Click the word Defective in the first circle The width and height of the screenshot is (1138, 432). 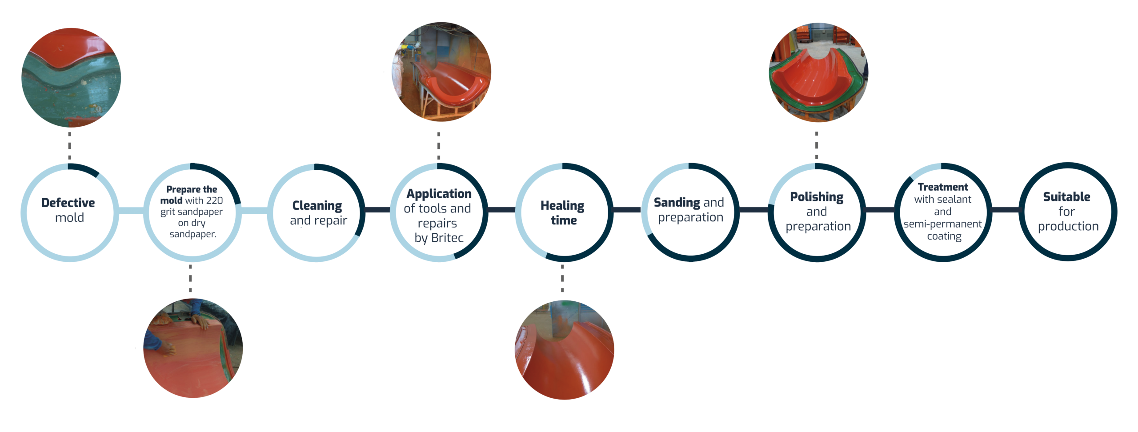point(68,203)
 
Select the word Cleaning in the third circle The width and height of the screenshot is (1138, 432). point(317,205)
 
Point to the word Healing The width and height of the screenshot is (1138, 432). point(562,205)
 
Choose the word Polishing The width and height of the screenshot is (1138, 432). point(817,196)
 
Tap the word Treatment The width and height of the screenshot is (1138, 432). point(942,187)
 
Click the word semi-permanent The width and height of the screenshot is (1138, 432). point(942,224)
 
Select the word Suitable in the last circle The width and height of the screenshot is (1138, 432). point(1066,196)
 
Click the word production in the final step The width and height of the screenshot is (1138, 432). point(1068,226)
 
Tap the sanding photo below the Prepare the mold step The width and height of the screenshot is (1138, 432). point(193,348)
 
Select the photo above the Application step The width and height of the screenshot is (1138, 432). point(441,72)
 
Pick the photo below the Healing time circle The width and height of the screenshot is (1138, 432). point(564,350)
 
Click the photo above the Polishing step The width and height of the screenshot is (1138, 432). point(818,72)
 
